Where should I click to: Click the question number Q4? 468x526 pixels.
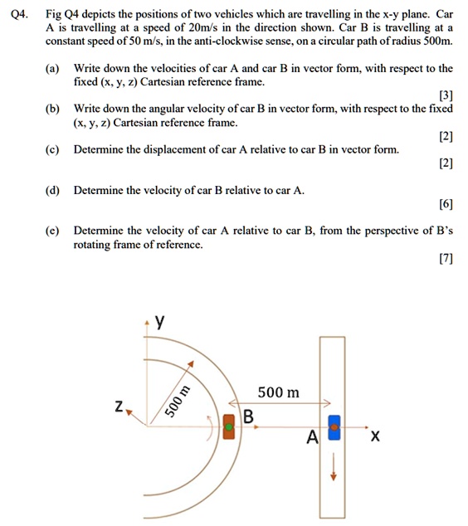(x=18, y=13)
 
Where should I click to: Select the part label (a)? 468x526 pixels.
(x=53, y=68)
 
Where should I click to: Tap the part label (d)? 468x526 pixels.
(x=53, y=190)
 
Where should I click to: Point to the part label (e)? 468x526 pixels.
(x=53, y=230)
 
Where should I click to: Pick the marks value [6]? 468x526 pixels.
(x=446, y=204)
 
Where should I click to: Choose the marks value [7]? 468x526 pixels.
(x=446, y=259)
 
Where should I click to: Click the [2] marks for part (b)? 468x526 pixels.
(x=446, y=136)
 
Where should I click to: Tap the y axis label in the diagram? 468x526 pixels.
(x=160, y=323)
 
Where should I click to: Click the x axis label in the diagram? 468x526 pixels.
(x=375, y=436)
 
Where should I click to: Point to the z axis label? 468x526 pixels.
(x=119, y=406)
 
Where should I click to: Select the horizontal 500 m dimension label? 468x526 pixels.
(x=278, y=392)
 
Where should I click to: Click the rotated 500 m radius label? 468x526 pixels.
(x=178, y=402)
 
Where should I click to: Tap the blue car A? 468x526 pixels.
(x=334, y=430)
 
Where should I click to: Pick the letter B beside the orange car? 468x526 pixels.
(x=248, y=416)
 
